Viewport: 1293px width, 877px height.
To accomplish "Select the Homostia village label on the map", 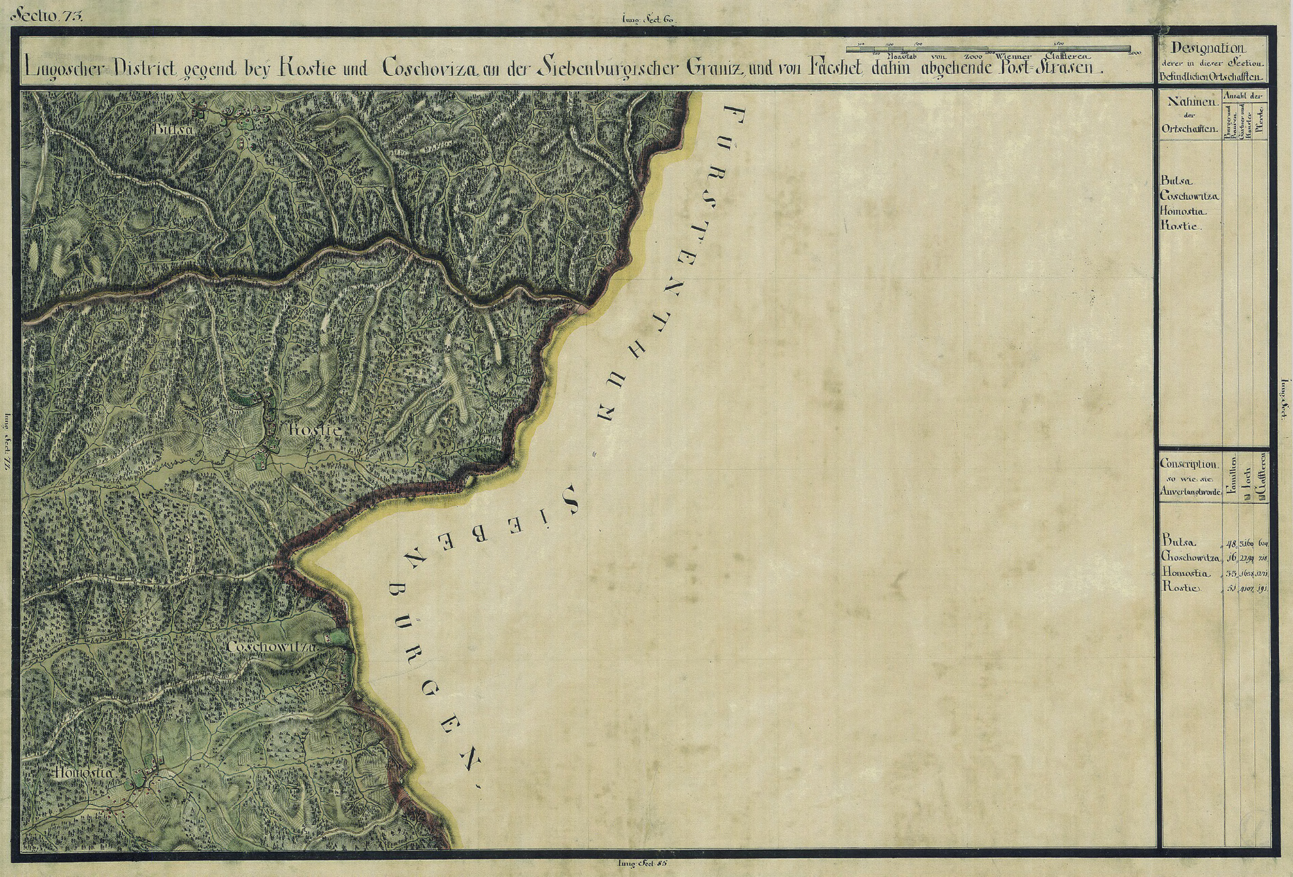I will [86, 772].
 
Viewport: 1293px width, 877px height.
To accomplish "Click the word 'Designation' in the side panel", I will [1209, 49].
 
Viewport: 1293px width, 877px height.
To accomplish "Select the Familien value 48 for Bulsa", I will [1229, 543].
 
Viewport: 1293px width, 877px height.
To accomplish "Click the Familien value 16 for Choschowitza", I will [1230, 558].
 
